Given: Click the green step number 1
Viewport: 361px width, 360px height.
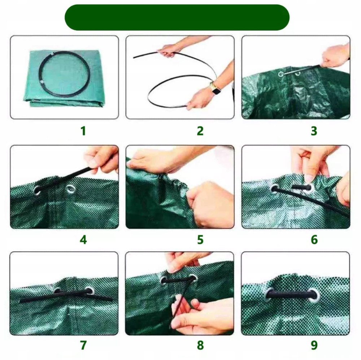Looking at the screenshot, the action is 83,131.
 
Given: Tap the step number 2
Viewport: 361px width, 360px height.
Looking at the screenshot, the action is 200,131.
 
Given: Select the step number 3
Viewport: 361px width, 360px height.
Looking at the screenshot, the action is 314,131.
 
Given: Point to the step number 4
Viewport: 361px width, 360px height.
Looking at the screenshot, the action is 83,240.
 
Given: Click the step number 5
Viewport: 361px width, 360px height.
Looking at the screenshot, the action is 200,240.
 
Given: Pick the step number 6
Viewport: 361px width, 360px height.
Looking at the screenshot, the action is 314,240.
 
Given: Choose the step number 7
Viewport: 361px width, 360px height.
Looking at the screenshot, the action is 83,345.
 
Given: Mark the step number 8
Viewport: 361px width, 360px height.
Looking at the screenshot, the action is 200,345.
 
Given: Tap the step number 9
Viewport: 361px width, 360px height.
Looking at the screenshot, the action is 314,345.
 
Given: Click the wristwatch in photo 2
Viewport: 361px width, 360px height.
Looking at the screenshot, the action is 215,89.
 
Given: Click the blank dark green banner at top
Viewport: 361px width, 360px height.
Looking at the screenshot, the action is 177,17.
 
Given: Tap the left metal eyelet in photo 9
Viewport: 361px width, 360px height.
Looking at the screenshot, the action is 270,294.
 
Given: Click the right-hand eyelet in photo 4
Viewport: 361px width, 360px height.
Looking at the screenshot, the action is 70,189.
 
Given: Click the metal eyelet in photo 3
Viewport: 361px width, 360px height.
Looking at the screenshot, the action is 281,74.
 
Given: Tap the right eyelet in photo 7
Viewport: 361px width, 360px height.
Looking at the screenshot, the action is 89,291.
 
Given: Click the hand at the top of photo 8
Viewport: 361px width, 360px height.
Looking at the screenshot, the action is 182,262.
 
